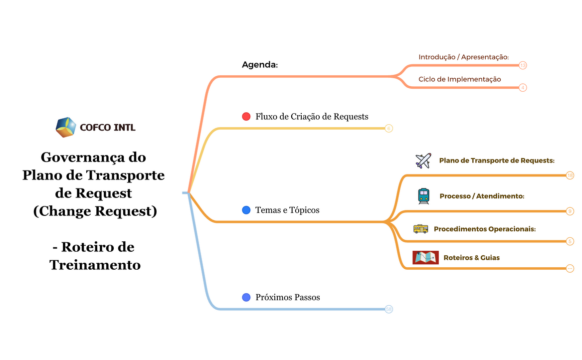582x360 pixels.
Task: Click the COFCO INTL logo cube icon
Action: click(x=66, y=127)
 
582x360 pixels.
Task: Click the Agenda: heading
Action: click(x=259, y=65)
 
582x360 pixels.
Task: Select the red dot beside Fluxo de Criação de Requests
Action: click(x=246, y=117)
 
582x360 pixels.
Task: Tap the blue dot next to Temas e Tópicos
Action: click(x=246, y=210)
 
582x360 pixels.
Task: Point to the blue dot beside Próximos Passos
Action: click(x=246, y=297)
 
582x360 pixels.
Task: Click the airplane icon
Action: click(x=423, y=161)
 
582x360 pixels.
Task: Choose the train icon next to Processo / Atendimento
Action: click(x=423, y=196)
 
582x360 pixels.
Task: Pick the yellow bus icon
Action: click(x=420, y=229)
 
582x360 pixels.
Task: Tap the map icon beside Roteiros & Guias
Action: click(x=425, y=257)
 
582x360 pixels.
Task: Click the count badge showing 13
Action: click(x=523, y=65)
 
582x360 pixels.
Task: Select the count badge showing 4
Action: click(x=523, y=88)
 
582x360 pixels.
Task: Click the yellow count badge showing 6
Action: click(x=389, y=129)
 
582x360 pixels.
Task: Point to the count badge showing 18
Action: click(x=570, y=176)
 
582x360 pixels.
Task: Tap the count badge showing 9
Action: click(x=570, y=211)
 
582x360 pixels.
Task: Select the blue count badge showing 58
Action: click(x=389, y=309)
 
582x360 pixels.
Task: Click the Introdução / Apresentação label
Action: click(x=463, y=57)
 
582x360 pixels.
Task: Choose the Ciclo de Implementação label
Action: click(x=459, y=79)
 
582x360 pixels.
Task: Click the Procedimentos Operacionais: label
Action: click(x=485, y=229)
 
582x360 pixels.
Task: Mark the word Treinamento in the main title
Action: click(x=95, y=265)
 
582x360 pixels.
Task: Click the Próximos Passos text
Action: click(x=288, y=297)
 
